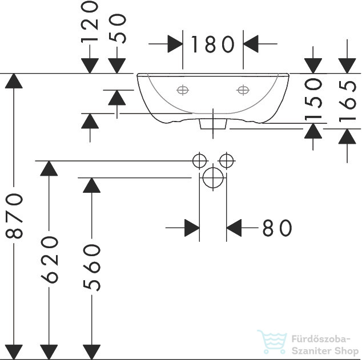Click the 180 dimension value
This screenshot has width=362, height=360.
pyautogui.click(x=212, y=44)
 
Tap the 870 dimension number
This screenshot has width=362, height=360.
pyautogui.click(x=14, y=216)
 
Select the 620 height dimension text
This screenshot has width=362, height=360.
pyautogui.click(x=50, y=260)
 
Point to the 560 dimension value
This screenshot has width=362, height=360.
pyautogui.click(x=92, y=268)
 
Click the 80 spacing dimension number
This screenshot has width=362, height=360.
pyautogui.click(x=277, y=228)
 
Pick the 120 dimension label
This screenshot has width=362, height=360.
pyautogui.click(x=90, y=22)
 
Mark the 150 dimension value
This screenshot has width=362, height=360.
pyautogui.click(x=313, y=99)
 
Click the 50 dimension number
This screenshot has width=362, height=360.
pyautogui.click(x=117, y=29)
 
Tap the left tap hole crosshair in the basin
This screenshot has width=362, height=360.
pyautogui.click(x=183, y=90)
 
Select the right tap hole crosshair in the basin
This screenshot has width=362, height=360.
pyautogui.click(x=243, y=90)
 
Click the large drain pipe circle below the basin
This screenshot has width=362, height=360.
pyautogui.click(x=213, y=178)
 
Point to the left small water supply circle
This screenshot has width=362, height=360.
pyautogui.click(x=199, y=161)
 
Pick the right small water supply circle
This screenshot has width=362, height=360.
pyautogui.click(x=227, y=161)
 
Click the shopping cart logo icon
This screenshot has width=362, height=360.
pyautogui.click(x=272, y=342)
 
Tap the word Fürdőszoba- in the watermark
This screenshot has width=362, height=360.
pyautogui.click(x=321, y=339)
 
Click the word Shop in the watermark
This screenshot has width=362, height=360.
pyautogui.click(x=346, y=351)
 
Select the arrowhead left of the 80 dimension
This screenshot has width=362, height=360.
pyautogui.click(x=192, y=228)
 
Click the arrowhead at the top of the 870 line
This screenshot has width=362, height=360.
pyautogui.click(x=14, y=80)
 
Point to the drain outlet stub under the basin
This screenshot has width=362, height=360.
pyautogui.click(x=213, y=124)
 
